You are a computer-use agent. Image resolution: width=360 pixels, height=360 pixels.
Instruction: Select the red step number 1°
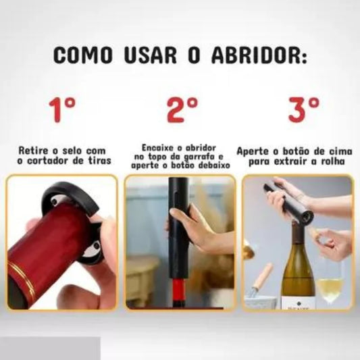coord(61,109)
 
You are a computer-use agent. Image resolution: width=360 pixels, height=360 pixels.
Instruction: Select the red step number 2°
coord(182,109)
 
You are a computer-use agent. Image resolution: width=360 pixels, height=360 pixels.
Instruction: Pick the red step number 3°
coord(304,109)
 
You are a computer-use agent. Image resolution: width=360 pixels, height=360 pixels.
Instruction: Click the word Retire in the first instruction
coord(34,151)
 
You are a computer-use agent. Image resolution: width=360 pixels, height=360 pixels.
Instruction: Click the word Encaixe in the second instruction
coord(159,146)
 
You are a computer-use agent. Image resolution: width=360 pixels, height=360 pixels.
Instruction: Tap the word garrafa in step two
coord(198,155)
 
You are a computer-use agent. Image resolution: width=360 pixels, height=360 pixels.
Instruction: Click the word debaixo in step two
coord(215,165)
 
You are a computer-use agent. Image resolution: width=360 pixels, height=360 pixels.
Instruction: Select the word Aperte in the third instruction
coord(253,152)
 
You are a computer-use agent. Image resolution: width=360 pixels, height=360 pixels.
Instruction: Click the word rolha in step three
coord(334,162)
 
